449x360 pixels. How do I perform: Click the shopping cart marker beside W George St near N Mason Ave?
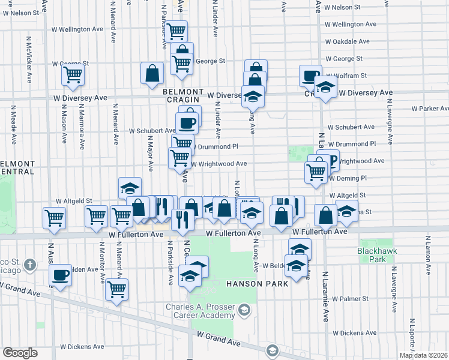[73, 75]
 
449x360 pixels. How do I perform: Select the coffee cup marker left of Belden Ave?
[61, 275]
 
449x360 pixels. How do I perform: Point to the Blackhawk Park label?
[372, 255]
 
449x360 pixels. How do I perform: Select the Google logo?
[20, 353]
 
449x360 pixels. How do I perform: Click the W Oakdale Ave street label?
[348, 41]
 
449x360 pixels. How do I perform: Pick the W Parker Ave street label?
[430, 109]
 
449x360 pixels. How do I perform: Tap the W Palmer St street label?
[350, 298]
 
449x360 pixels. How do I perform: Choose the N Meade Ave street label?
[13, 125]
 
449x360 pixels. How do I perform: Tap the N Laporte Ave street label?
[412, 336]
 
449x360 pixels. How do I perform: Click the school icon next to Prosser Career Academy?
[244, 310]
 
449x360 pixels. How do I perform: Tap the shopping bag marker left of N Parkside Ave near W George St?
[152, 74]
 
